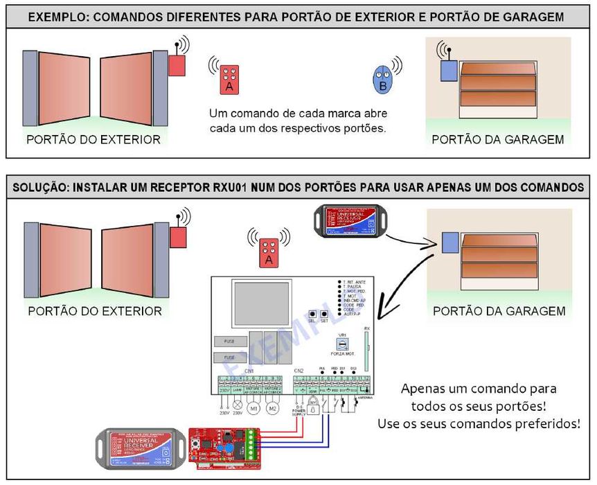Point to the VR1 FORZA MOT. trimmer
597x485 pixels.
(x=341, y=344)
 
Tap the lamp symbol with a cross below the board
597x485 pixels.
(x=238, y=404)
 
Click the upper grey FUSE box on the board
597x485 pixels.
(x=229, y=341)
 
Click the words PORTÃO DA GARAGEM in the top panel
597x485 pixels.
(x=497, y=139)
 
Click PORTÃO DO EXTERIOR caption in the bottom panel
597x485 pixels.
(x=94, y=311)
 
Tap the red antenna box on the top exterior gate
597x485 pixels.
(x=177, y=65)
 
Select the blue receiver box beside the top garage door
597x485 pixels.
(x=447, y=70)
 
